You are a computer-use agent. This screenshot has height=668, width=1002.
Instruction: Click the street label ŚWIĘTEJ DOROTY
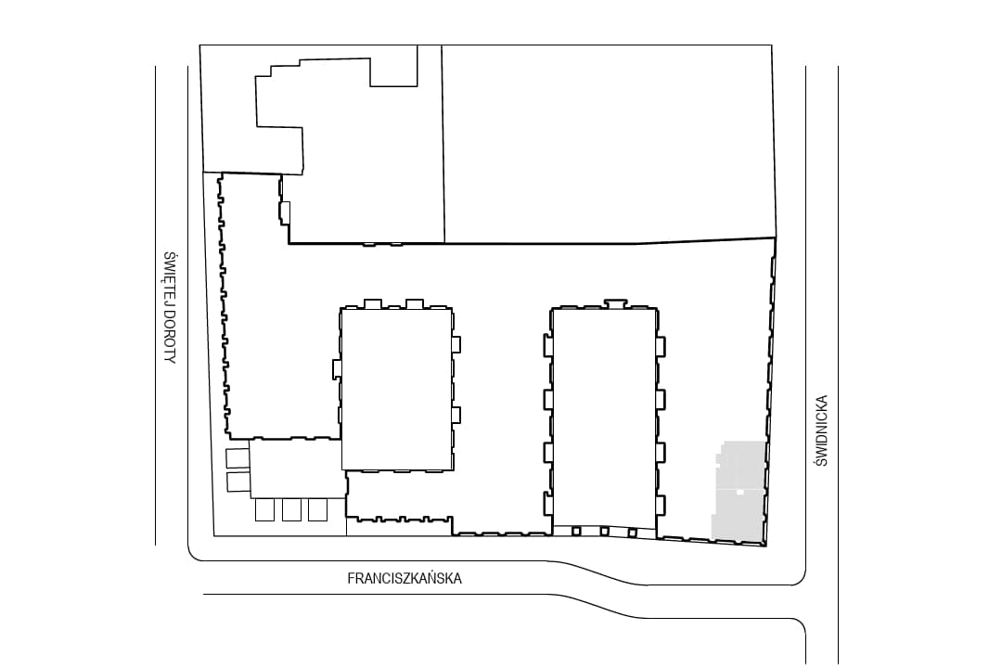(170, 307)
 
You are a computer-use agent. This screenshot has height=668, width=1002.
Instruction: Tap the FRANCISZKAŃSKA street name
(405, 579)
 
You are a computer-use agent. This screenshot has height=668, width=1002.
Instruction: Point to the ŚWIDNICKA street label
(822, 430)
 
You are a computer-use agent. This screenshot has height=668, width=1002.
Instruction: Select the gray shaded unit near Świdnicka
(739, 491)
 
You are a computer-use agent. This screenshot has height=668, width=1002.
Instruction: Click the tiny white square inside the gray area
(740, 493)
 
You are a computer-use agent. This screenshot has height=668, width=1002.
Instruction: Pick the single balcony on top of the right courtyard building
(616, 303)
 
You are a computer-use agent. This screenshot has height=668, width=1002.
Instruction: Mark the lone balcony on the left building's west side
(337, 369)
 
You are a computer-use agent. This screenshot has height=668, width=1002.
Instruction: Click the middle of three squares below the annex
(291, 510)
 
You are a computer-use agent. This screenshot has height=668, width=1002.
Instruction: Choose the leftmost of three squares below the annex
(264, 510)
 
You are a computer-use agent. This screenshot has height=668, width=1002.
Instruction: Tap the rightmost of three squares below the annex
(317, 510)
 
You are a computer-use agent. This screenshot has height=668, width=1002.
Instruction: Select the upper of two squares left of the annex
(238, 458)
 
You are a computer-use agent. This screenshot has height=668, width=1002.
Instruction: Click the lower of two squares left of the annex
(238, 482)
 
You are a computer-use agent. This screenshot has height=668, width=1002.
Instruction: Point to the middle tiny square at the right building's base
(604, 532)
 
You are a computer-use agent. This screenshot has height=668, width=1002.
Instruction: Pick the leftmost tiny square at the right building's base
(576, 531)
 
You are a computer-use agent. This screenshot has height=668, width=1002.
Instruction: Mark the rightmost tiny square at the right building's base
(632, 533)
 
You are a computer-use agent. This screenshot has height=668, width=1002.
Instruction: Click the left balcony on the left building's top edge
(373, 303)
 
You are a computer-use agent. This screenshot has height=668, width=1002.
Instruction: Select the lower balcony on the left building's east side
(456, 415)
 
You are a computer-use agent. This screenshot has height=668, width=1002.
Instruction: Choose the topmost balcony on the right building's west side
(548, 345)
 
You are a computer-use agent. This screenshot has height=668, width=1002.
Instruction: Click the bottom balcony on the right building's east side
(661, 505)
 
